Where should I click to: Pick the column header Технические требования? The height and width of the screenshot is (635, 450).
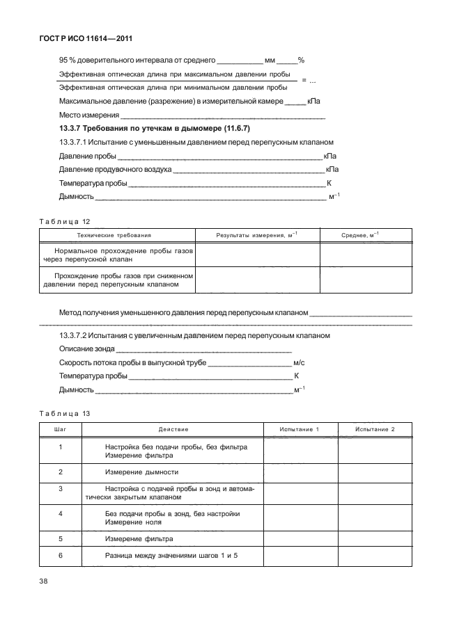115,236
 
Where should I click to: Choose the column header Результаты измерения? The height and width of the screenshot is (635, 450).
257,236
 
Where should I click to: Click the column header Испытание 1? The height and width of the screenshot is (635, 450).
299,430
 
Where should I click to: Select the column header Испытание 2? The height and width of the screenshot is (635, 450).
375,430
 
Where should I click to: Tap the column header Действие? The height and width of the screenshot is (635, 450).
173,430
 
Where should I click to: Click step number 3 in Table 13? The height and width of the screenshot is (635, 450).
61,489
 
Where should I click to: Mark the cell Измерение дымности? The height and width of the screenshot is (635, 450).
141,472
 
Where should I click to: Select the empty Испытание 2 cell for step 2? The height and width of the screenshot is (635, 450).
375,472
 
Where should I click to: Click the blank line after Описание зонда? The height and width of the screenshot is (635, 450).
202,350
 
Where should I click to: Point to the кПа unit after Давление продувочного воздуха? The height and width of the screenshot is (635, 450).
332,169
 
